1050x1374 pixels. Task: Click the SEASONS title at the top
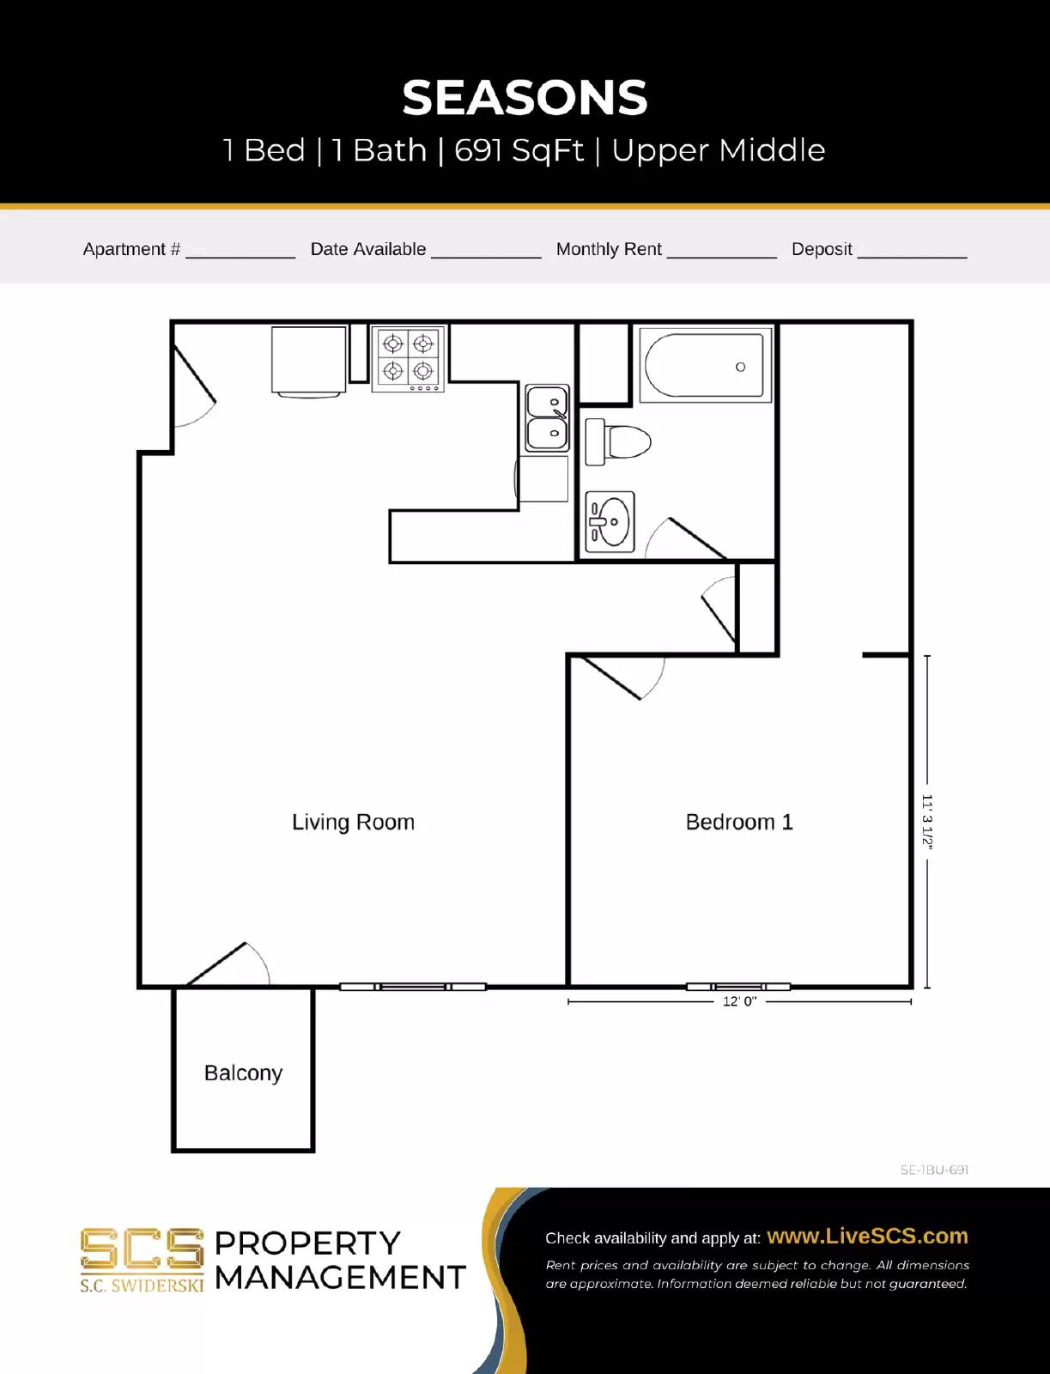525,98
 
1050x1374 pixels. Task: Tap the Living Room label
353,822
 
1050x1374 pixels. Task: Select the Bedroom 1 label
739,822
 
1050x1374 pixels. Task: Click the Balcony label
243,1073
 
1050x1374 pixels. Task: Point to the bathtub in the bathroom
705,366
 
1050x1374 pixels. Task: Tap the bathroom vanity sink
610,521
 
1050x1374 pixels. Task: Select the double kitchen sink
547,418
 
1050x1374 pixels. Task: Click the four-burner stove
408,358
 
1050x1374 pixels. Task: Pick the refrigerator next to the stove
309,360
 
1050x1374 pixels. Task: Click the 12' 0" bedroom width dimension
739,1001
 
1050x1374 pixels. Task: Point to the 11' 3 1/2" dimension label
927,822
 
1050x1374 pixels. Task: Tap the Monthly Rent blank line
721,251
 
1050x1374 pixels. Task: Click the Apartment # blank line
240,251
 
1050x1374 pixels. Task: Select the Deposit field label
822,249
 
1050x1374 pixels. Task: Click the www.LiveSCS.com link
867,1236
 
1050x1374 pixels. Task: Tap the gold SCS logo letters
142,1249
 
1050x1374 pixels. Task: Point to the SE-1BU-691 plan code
934,1170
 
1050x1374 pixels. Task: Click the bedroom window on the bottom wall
738,987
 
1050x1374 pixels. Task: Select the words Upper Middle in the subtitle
718,150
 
